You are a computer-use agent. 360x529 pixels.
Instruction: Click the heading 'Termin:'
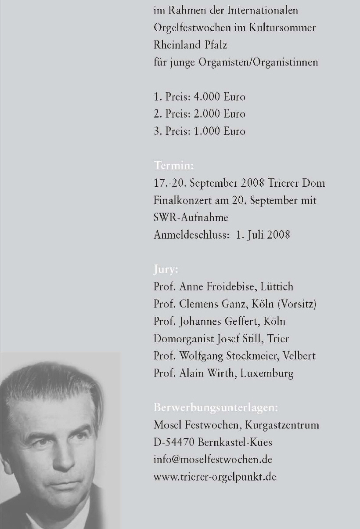tap(173, 166)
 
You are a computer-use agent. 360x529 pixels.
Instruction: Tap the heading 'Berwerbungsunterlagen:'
tap(216, 408)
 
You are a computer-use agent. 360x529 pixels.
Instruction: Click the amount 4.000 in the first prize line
tap(208, 97)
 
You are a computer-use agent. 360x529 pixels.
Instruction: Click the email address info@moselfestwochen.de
tap(212, 460)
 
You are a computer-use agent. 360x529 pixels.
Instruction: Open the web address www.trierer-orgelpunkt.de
tap(215, 477)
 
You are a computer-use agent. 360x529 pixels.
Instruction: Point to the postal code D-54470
tap(174, 442)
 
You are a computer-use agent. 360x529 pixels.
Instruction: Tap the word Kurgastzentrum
tap(288, 425)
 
